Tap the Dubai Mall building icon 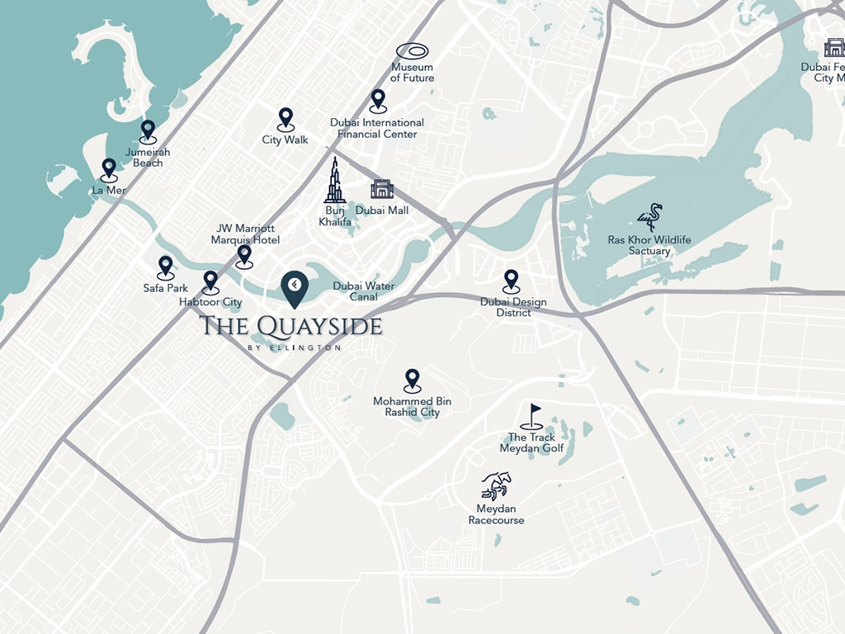(382, 189)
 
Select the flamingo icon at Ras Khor (649, 217)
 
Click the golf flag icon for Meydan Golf (532, 416)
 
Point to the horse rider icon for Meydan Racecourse (496, 485)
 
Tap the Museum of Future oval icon (413, 51)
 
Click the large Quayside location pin (295, 288)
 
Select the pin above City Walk (286, 118)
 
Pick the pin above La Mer (109, 169)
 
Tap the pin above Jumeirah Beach (148, 130)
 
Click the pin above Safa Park (166, 266)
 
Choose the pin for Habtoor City (210, 281)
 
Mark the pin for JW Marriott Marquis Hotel (244, 255)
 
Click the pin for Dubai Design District (512, 280)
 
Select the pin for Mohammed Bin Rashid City (412, 380)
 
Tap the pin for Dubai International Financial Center (378, 100)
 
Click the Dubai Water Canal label (364, 291)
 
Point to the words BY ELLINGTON (294, 348)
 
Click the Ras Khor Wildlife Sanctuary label (649, 245)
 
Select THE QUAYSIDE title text (290, 326)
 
